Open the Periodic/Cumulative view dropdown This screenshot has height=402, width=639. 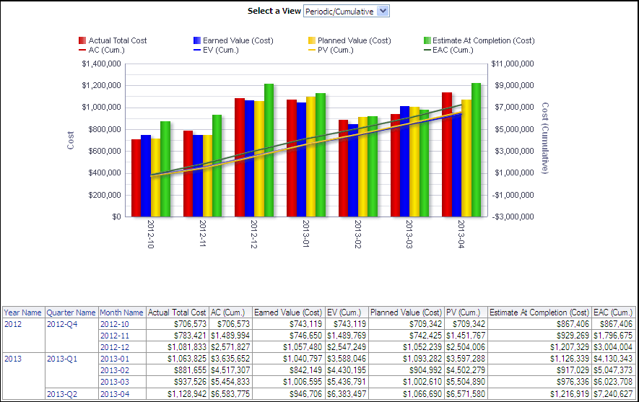point(347,11)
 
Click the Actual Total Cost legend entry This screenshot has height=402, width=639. point(117,40)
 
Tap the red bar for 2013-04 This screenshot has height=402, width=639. point(447,154)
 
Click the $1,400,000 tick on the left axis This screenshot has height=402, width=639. point(101,64)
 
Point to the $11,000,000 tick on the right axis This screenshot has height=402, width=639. point(512,64)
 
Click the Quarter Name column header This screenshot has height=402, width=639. point(71,313)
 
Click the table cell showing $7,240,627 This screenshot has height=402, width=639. point(613,393)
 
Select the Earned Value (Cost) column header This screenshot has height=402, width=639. point(288,313)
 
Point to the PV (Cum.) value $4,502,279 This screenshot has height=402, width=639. point(464,370)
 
